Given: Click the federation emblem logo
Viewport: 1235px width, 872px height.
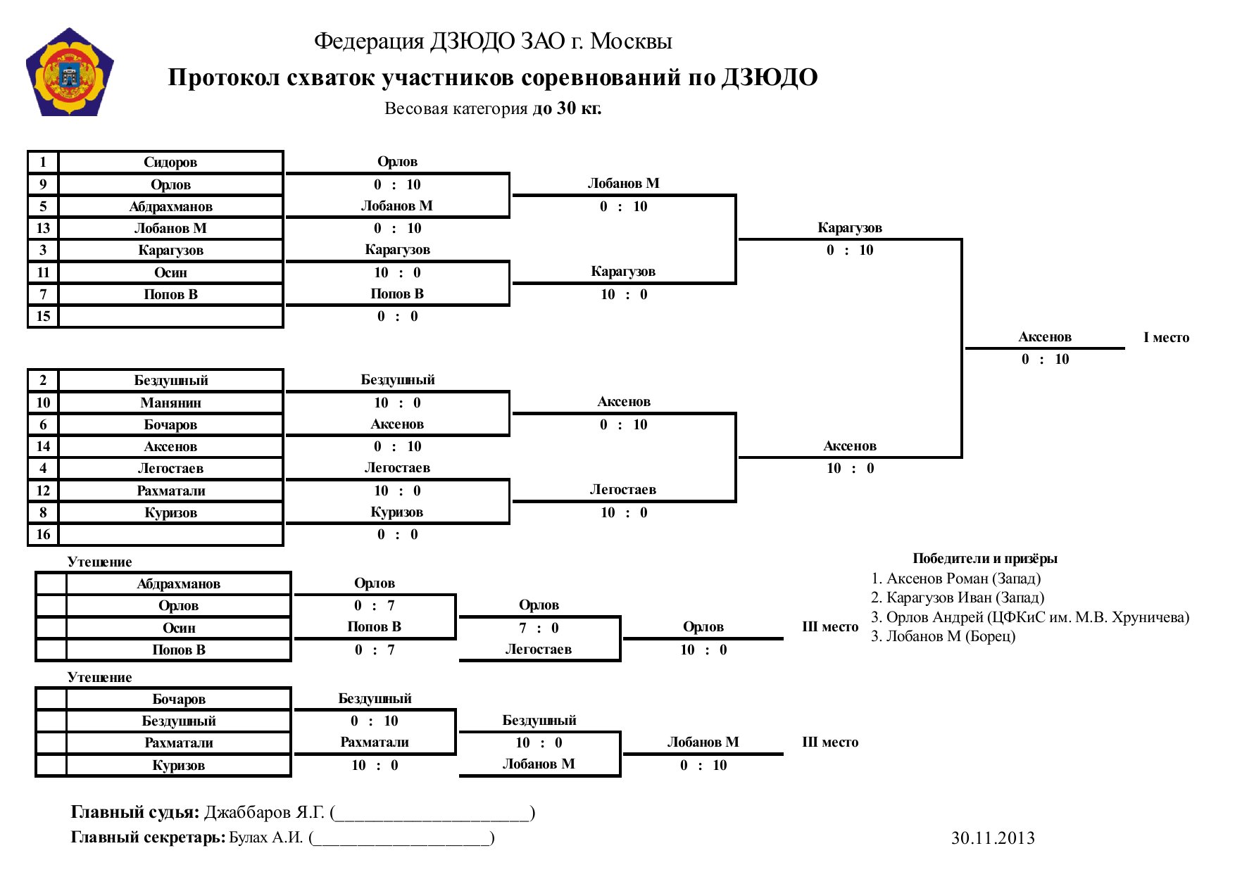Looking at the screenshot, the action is click(x=70, y=72).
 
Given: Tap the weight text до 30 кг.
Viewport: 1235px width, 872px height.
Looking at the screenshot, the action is click(x=567, y=108).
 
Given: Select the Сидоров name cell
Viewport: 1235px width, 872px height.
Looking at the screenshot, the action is click(x=170, y=163).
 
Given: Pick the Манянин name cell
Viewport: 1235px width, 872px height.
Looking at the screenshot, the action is click(x=170, y=403).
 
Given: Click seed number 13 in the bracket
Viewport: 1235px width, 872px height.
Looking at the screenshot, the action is click(x=43, y=228).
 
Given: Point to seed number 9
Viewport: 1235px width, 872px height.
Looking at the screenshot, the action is click(x=43, y=184).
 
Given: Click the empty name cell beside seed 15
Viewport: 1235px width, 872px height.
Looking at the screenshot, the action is click(x=170, y=316).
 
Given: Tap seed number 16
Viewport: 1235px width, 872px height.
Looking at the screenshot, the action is click(x=43, y=534).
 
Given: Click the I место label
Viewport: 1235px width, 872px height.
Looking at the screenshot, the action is click(x=1166, y=337).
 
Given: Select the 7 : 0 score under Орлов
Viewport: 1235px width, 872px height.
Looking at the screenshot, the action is click(x=539, y=628).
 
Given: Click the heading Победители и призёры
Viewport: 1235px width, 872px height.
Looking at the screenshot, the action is click(x=985, y=559).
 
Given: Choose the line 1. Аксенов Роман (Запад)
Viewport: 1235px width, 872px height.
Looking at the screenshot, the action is click(x=955, y=579).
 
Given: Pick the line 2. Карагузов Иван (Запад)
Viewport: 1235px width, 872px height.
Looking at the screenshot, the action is click(x=958, y=598).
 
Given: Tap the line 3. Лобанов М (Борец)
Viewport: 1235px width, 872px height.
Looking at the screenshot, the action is click(x=944, y=636).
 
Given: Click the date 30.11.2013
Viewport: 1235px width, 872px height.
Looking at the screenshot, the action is click(x=993, y=838).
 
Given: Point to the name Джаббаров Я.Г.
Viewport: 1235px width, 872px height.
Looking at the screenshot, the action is click(x=264, y=813).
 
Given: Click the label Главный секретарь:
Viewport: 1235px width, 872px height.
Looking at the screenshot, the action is click(x=148, y=838).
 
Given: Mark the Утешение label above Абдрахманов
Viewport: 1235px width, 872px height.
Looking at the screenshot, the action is click(x=99, y=562).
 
